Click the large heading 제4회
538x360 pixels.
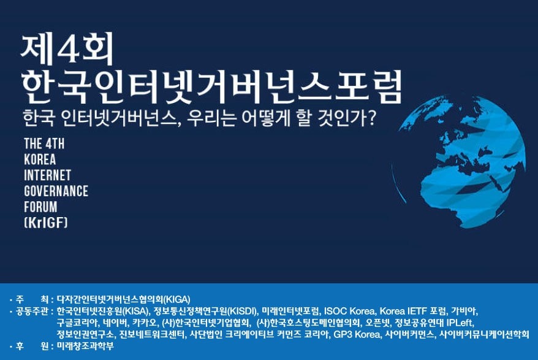click(67, 49)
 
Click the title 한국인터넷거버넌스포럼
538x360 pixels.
click(211, 87)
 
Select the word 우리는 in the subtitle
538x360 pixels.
click(211, 118)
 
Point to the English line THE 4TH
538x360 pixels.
click(44, 144)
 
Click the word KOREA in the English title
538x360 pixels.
click(40, 159)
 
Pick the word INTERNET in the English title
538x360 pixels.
click(47, 175)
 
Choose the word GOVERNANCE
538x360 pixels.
click(56, 191)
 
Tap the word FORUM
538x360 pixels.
click(40, 207)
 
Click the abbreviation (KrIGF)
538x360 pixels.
click(46, 223)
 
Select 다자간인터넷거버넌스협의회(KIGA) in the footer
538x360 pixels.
click(124, 299)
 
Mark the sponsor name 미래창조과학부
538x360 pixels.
click(85, 346)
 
